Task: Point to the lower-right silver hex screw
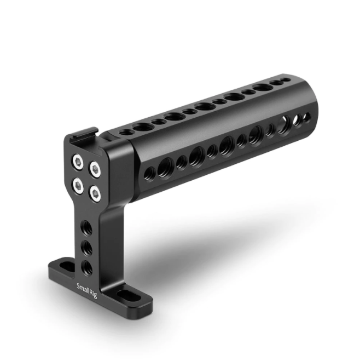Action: pos(95,192)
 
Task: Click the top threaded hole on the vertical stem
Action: pos(86,226)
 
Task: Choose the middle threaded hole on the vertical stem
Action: pos(86,248)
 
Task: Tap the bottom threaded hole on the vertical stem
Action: pos(86,267)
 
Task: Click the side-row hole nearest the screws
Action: pos(149,174)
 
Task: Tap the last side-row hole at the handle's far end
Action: pos(306,117)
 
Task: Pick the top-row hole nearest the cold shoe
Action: pos(126,132)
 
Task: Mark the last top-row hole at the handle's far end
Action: pos(287,80)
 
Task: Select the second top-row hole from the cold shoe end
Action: pos(143,127)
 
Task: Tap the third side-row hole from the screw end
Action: pos(182,162)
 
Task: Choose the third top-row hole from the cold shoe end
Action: pos(159,122)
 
